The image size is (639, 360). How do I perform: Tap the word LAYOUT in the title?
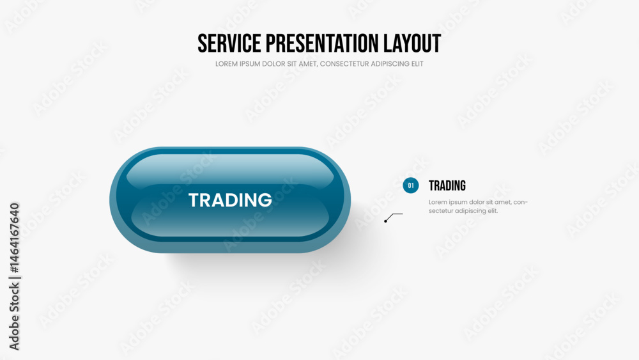click(412, 43)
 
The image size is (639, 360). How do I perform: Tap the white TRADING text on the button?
click(230, 200)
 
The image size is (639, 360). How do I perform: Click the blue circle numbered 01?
click(411, 185)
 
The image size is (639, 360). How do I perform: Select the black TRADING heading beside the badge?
click(447, 186)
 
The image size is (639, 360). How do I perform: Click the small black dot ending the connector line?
click(385, 221)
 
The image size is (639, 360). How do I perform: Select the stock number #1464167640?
click(14, 238)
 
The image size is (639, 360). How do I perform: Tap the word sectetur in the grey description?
click(440, 211)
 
